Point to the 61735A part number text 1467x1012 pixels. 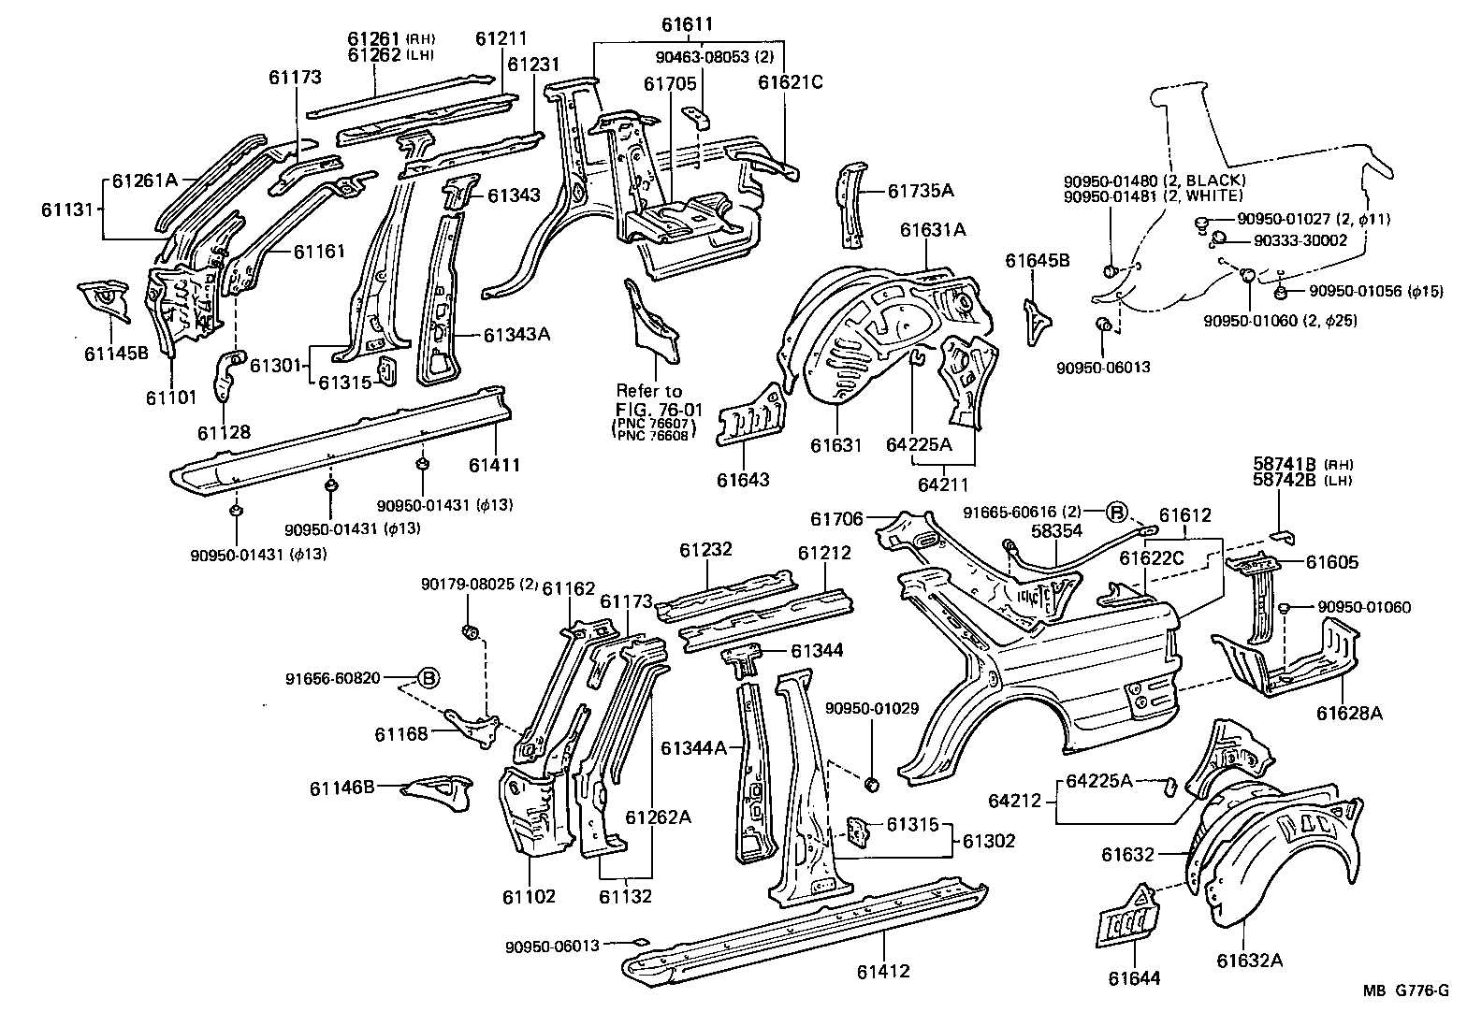click(921, 192)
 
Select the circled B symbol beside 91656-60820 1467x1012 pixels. click(428, 678)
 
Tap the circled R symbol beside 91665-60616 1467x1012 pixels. click(1117, 512)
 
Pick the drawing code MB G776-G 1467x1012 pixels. click(1411, 992)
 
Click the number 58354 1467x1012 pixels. click(1057, 530)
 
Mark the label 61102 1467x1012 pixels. click(529, 897)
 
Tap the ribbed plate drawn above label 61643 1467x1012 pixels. click(750, 417)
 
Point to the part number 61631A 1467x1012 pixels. click(934, 229)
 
